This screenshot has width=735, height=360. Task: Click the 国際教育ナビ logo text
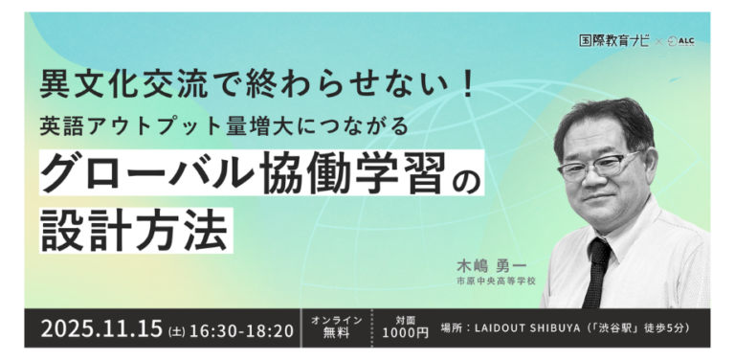click(x=614, y=41)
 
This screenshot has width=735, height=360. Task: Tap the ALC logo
click(x=680, y=41)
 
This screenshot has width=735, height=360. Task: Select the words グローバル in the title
click(x=147, y=172)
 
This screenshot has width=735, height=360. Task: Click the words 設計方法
click(x=134, y=231)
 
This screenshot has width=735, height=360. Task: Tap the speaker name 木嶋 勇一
click(x=491, y=266)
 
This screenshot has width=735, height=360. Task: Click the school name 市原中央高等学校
click(x=496, y=281)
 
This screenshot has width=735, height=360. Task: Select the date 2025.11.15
click(x=101, y=328)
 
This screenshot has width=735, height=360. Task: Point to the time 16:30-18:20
click(x=241, y=330)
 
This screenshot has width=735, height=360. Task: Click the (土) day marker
click(x=176, y=331)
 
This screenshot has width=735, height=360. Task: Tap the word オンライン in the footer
click(x=337, y=320)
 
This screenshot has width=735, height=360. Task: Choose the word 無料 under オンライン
click(x=337, y=333)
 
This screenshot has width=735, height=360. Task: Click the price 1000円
click(x=405, y=333)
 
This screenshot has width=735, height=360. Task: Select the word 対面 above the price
click(x=405, y=320)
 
